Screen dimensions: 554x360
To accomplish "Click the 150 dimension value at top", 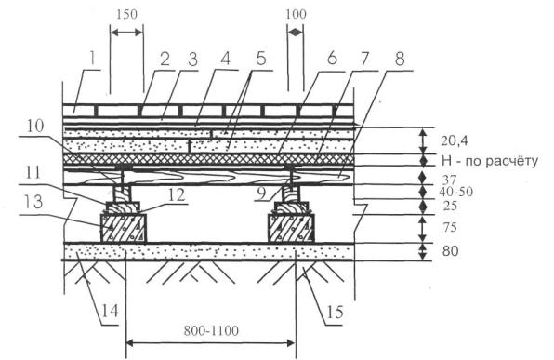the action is [x=126, y=15].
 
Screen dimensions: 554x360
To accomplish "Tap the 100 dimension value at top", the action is [x=296, y=15].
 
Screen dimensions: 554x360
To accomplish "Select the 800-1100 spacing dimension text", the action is [x=211, y=331].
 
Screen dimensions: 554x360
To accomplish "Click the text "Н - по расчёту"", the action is [x=490, y=161].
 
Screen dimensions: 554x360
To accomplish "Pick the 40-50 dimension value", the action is [x=455, y=192].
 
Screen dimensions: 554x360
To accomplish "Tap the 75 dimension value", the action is [x=450, y=227].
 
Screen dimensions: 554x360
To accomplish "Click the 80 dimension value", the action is [x=450, y=251].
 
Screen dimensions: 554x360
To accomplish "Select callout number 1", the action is [x=92, y=59].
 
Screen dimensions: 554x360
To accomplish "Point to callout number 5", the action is [x=260, y=59].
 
